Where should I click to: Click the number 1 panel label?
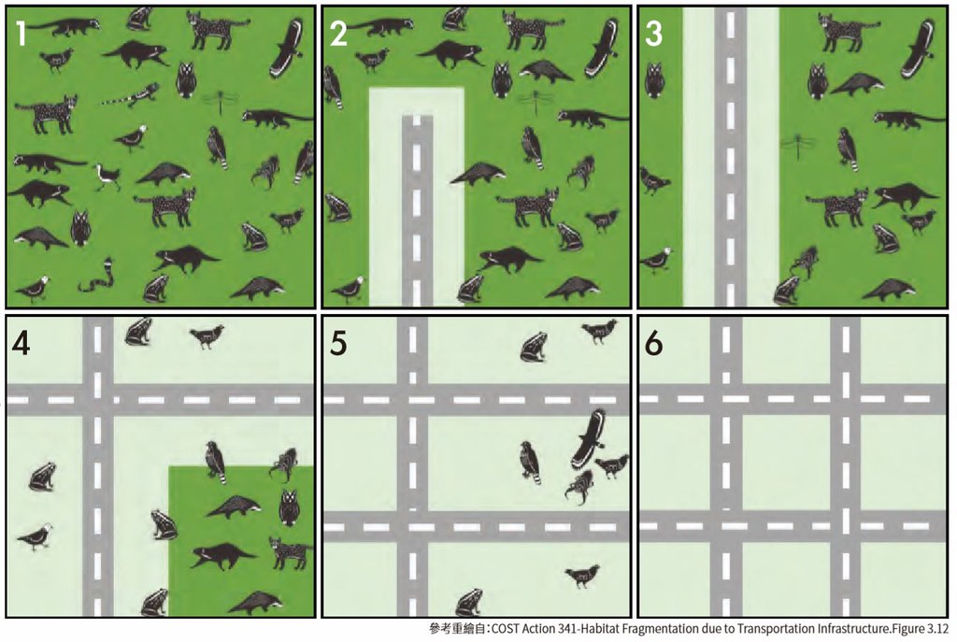point(22,35)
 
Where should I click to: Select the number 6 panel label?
point(654,345)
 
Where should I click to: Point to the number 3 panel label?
point(653,35)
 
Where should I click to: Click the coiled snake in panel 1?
point(98,276)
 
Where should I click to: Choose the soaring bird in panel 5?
point(589,439)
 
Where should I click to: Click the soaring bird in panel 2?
point(603,48)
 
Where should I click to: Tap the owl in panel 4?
point(289,507)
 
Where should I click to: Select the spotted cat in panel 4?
point(292,552)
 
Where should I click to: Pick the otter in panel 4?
point(222,556)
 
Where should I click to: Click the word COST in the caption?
point(505,629)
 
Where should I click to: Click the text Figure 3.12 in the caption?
point(922,629)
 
